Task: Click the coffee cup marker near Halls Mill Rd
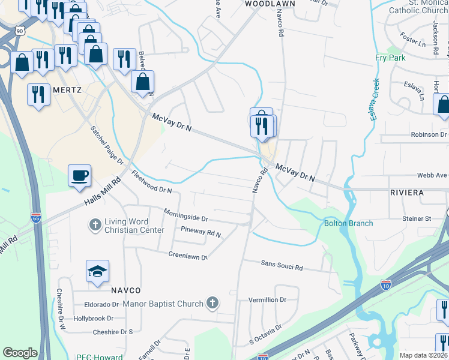click(79, 176)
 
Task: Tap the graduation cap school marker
click(97, 272)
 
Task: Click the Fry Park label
click(390, 58)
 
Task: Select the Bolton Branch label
click(348, 223)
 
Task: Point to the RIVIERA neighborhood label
click(406, 193)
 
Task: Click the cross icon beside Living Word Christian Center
click(94, 226)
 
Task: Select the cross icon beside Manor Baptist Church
click(211, 304)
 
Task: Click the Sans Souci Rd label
click(282, 264)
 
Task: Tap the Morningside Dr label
click(187, 215)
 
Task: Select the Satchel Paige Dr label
click(106, 145)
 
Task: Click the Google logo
click(20, 353)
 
